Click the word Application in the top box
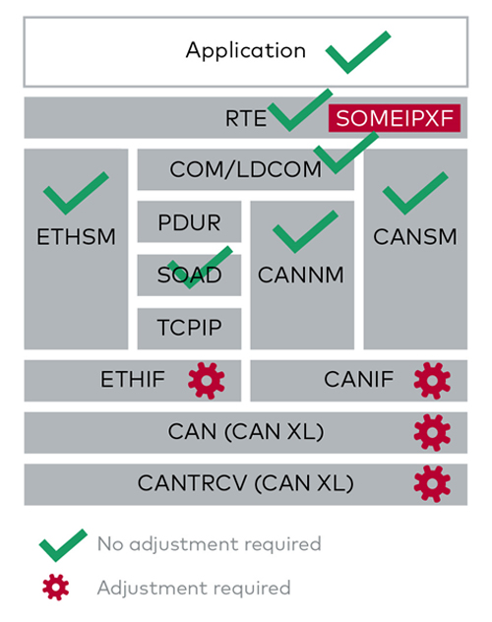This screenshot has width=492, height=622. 246,51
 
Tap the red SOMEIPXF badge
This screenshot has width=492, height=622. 394,118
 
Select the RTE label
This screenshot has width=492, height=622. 246,118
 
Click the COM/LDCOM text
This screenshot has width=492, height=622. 245,169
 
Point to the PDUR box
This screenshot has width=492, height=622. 189,221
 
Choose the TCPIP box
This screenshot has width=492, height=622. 189,329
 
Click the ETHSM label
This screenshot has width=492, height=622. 76,237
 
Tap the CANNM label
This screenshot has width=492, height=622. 301,275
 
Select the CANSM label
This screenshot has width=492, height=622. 415,237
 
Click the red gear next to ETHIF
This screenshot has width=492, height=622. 207,381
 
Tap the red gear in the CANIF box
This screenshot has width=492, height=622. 432,381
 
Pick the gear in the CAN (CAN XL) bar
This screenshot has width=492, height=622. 432,432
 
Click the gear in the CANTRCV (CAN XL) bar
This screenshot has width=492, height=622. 432,484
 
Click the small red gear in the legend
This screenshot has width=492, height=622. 55,588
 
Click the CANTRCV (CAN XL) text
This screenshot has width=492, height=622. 245,484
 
